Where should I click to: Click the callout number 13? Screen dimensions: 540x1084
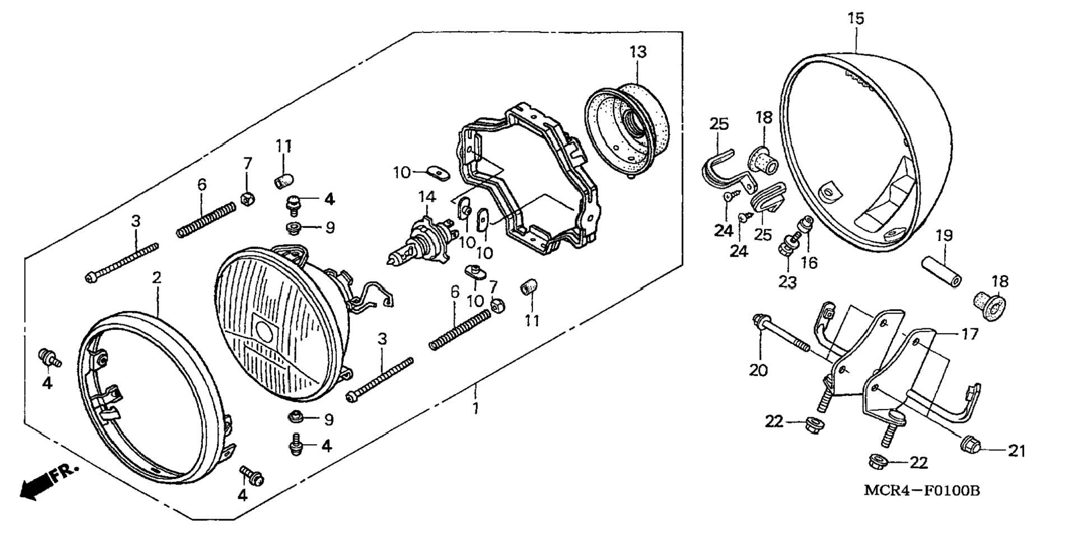click(637, 52)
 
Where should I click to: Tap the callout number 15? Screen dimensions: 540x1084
click(855, 19)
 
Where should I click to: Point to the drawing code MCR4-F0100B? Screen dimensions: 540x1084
click(922, 491)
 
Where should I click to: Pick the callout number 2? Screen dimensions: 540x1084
click(157, 277)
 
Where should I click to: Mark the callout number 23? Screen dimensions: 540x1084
click(787, 281)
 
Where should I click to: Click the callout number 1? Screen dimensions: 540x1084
click(475, 408)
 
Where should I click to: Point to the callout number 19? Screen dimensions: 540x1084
click(944, 235)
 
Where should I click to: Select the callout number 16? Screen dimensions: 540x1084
click(809, 262)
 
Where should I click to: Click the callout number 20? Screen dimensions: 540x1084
click(758, 370)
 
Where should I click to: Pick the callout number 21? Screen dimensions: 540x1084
click(1017, 450)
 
